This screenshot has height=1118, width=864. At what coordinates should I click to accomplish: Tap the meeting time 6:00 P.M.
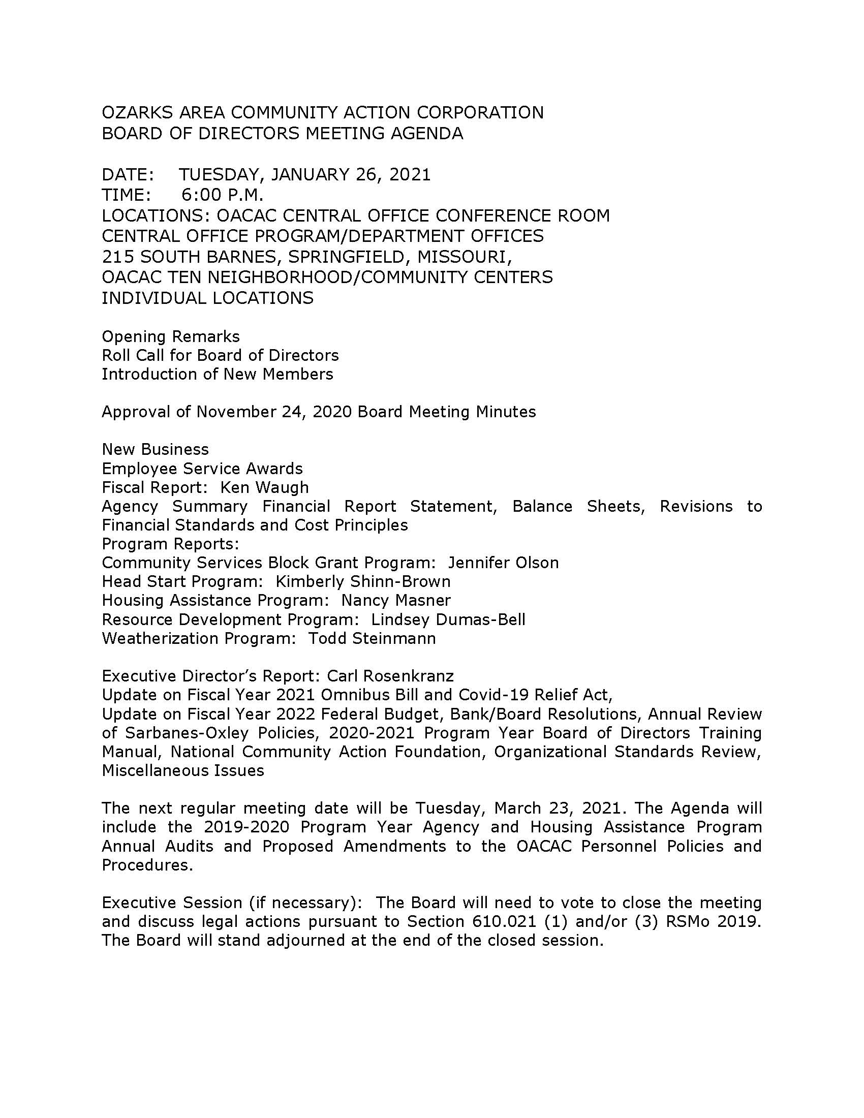(x=222, y=195)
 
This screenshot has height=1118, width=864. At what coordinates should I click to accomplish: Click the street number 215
(x=117, y=257)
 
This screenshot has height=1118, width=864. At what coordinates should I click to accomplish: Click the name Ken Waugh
(x=264, y=487)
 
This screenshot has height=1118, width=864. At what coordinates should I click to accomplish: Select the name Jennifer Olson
(x=503, y=563)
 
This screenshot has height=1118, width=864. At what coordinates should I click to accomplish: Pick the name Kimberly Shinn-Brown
(x=363, y=581)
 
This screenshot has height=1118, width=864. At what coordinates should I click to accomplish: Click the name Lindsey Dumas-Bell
(x=448, y=619)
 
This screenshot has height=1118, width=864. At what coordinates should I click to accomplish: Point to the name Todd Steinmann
(x=372, y=638)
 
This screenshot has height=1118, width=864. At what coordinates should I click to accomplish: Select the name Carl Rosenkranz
(x=390, y=676)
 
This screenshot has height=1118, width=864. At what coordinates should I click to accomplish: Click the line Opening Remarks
(x=170, y=336)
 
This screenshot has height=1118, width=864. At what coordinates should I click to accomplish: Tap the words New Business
(x=155, y=449)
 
